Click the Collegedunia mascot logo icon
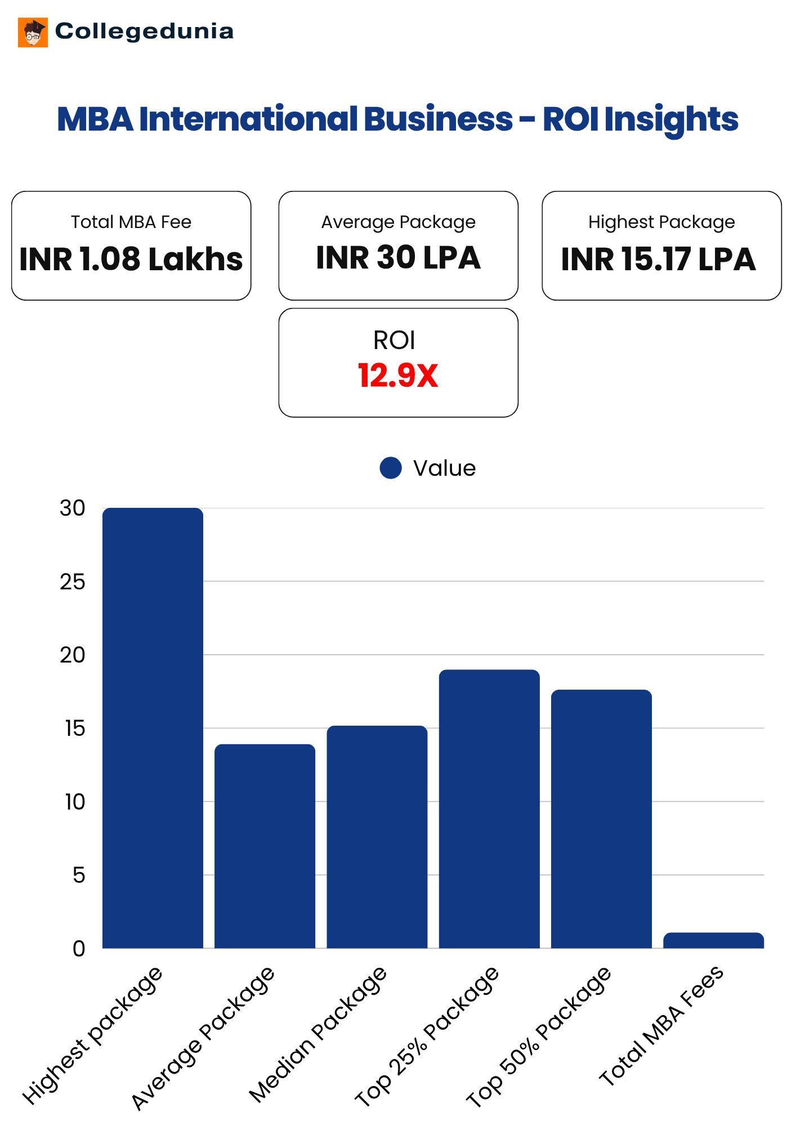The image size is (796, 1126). pyautogui.click(x=33, y=33)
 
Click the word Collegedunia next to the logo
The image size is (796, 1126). pyautogui.click(x=144, y=32)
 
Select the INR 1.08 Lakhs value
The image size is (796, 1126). pyautogui.click(x=131, y=259)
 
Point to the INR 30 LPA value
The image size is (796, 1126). pyautogui.click(x=398, y=258)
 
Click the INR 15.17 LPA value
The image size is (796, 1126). pyautogui.click(x=658, y=259)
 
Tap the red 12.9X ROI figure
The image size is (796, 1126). pyautogui.click(x=398, y=376)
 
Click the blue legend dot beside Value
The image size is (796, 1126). pyautogui.click(x=391, y=468)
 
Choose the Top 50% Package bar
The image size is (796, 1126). pyautogui.click(x=601, y=819)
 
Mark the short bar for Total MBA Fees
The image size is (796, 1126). pyautogui.click(x=713, y=941)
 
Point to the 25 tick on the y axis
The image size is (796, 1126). pyautogui.click(x=72, y=582)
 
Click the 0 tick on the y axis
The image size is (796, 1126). pyautogui.click(x=79, y=949)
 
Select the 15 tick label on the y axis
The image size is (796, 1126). pyautogui.click(x=74, y=729)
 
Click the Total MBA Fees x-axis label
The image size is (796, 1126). pyautogui.click(x=662, y=1026)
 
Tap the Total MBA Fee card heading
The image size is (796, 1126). pyautogui.click(x=131, y=222)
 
